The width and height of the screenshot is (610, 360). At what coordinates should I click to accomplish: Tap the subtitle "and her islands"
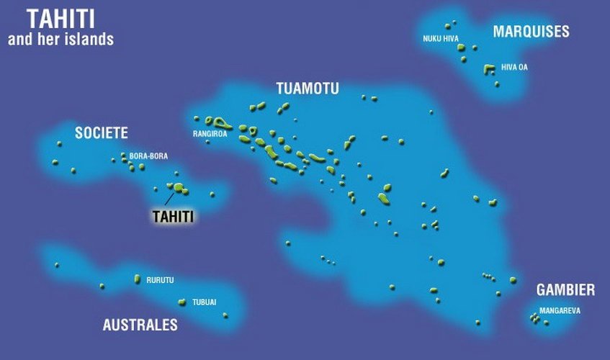[60, 40]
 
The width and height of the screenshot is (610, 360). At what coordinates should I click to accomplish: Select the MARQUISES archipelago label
[531, 31]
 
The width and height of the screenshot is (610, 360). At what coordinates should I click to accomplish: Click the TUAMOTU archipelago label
[308, 89]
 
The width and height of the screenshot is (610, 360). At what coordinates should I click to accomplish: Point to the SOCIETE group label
[102, 132]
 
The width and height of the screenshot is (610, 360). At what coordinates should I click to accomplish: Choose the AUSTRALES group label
[140, 325]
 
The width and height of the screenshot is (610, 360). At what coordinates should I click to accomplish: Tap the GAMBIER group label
[565, 290]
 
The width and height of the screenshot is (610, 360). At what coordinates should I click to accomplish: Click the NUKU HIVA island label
[440, 38]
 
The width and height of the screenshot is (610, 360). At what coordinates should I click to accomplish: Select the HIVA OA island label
[514, 67]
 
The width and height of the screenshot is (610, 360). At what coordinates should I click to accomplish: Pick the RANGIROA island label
[210, 133]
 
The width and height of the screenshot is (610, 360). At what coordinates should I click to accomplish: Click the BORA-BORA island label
[148, 156]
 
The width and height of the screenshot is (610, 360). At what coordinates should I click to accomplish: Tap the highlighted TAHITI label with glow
[174, 215]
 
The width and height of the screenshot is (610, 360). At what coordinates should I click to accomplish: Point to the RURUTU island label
[160, 279]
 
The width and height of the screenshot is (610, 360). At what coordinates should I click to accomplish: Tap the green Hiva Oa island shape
[490, 69]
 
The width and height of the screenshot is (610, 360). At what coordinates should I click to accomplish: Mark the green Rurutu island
[137, 279]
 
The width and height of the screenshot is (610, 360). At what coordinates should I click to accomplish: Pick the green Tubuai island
[182, 302]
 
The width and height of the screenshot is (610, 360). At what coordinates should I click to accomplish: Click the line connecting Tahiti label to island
[169, 197]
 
